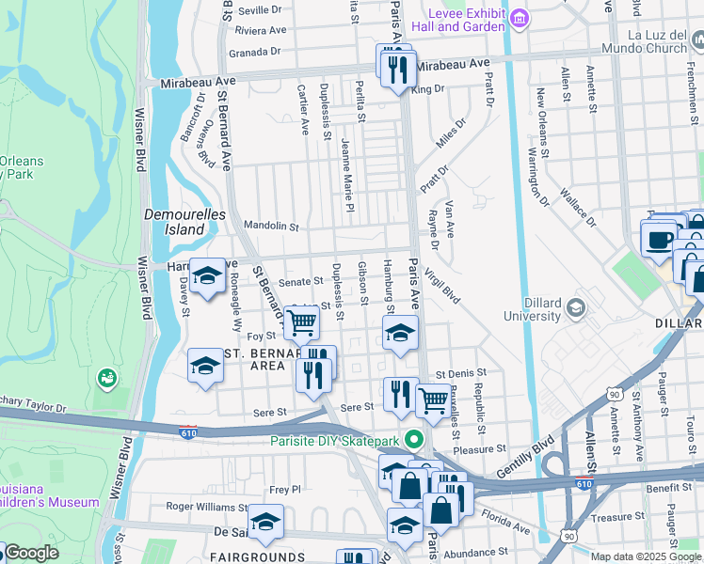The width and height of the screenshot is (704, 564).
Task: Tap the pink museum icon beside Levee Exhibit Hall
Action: (518, 19)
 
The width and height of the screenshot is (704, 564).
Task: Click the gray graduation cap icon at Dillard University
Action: (575, 307)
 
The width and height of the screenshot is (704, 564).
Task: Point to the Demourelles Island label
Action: (175, 222)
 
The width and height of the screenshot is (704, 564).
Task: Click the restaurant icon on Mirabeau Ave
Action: (395, 67)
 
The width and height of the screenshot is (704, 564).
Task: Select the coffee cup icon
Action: (659, 240)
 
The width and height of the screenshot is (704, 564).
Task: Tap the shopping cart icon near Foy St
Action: (301, 323)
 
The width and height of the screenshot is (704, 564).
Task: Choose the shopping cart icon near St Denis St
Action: (433, 399)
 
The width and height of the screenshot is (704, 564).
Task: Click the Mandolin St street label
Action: (270, 227)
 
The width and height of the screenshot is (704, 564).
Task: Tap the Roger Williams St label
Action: (206, 506)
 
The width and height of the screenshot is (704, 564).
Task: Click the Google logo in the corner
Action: (30, 553)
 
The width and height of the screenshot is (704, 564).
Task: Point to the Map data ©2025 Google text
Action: (646, 556)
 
